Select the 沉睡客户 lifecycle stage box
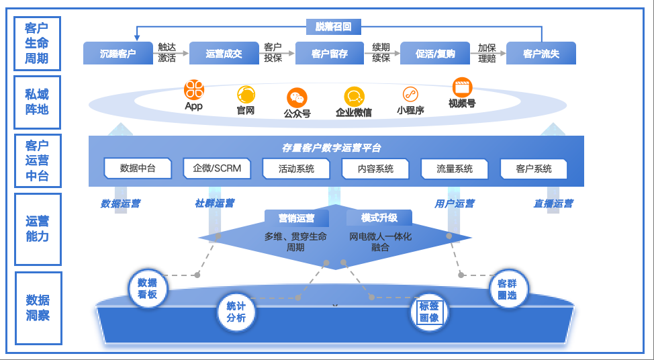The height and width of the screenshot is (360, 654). tap(118, 54)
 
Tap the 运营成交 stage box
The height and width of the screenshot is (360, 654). tap(224, 54)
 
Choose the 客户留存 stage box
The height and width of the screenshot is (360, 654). tap(329, 54)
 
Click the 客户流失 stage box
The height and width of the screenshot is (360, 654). tap(541, 54)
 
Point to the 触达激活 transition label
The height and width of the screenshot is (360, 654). tap(167, 53)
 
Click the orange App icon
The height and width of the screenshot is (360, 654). tap(193, 89)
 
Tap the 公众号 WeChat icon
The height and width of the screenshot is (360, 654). tap(297, 97)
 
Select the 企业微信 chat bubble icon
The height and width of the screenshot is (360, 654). tap(354, 97)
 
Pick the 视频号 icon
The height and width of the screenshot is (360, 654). tap(462, 87)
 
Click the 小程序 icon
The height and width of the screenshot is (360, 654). tap(410, 95)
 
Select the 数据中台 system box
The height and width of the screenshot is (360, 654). tap(138, 169)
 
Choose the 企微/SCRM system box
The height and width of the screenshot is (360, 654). tap(217, 169)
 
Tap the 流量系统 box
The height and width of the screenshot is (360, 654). tap(455, 169)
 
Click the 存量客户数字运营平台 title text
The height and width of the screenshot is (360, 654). tap(332, 148)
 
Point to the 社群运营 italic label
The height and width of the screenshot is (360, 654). tap(215, 204)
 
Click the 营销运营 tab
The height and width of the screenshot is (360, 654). tap(296, 218)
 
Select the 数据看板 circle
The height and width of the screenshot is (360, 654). tap(147, 288)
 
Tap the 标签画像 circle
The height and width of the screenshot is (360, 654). tap(429, 312)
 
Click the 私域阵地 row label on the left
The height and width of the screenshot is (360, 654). tap(37, 102)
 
